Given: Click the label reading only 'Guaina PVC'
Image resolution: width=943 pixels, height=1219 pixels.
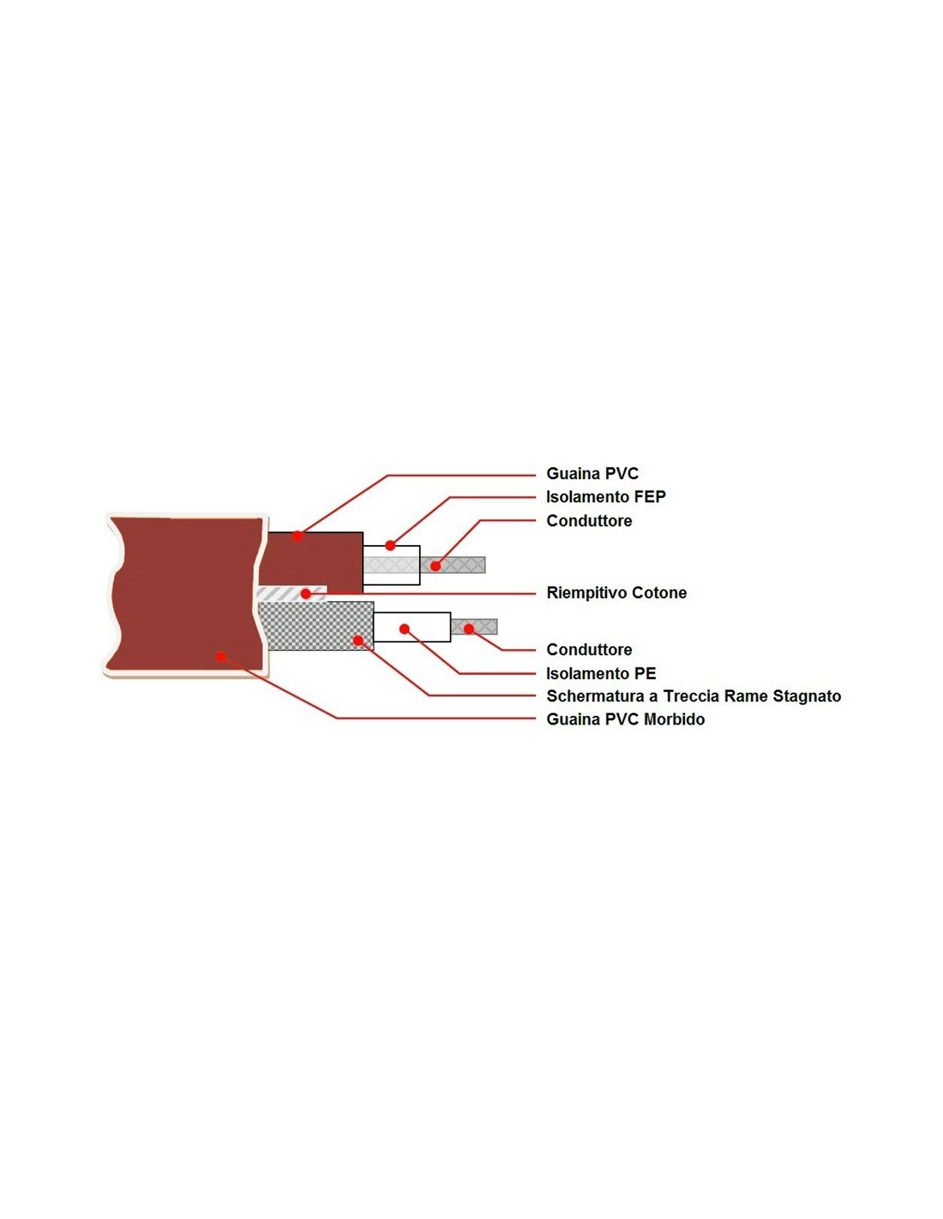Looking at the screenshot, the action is click(x=592, y=473).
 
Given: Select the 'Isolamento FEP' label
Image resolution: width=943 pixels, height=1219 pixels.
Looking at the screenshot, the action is click(x=606, y=497).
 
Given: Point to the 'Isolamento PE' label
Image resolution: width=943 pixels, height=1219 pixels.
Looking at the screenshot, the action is click(x=601, y=673).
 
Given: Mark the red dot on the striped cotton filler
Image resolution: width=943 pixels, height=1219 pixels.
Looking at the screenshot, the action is click(x=306, y=593).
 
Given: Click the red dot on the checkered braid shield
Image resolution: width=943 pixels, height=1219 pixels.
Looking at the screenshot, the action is click(x=357, y=640).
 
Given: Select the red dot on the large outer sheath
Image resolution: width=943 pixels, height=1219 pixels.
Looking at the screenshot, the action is click(x=221, y=657).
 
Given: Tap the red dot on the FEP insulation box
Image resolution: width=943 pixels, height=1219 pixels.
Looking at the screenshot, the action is click(x=390, y=545).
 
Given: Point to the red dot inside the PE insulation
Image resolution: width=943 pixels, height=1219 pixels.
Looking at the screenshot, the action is click(x=404, y=629).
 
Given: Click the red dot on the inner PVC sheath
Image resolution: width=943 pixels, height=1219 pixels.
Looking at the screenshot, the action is click(x=297, y=537).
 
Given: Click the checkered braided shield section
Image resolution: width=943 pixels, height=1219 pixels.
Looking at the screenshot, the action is click(x=315, y=626).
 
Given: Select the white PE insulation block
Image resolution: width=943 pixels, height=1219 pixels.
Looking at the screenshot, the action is click(x=411, y=627).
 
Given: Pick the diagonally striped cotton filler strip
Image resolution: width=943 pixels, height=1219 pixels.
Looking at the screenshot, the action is click(x=291, y=593).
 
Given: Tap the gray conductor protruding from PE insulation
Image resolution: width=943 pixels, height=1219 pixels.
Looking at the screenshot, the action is click(x=474, y=627).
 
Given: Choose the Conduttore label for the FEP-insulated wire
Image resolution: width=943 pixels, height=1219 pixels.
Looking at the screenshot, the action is click(x=589, y=520).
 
